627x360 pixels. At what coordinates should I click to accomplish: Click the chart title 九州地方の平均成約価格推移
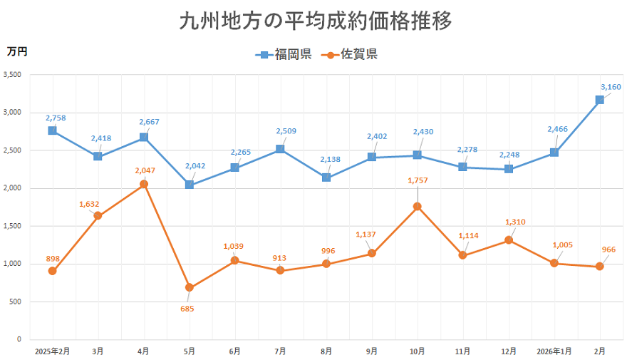click(x=314, y=21)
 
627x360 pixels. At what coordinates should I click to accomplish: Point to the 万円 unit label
click(x=17, y=51)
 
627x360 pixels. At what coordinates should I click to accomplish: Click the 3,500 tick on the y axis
click(x=13, y=75)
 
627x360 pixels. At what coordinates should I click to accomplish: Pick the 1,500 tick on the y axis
click(x=13, y=226)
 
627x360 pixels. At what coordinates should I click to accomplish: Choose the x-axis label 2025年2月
click(x=52, y=351)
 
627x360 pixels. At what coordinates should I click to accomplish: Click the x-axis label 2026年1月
click(x=554, y=351)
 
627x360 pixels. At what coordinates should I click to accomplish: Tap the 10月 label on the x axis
click(x=418, y=351)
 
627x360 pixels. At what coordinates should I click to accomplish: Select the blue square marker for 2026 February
click(x=600, y=100)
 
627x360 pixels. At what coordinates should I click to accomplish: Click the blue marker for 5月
click(x=189, y=185)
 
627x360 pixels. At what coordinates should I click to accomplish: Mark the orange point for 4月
click(x=144, y=184)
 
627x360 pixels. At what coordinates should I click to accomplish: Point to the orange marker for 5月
click(x=189, y=287)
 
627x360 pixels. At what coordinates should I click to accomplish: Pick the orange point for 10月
click(x=418, y=207)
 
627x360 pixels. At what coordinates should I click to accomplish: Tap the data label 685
click(x=187, y=309)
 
